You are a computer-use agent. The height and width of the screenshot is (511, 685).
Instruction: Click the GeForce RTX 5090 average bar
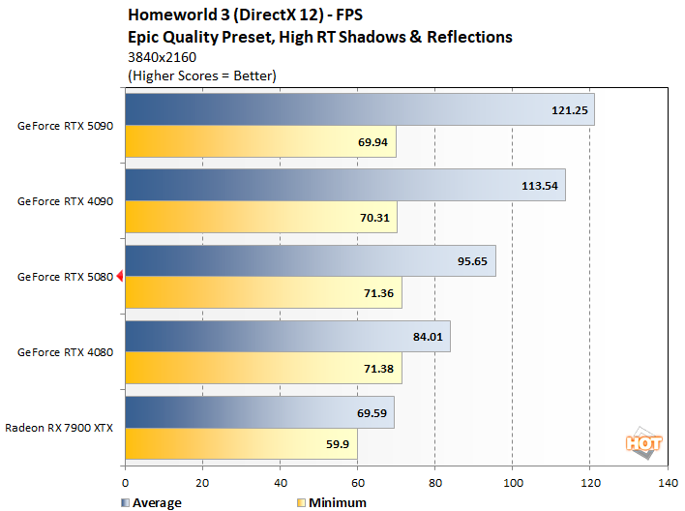click(358, 109)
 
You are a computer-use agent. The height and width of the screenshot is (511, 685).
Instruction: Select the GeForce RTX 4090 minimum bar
click(260, 217)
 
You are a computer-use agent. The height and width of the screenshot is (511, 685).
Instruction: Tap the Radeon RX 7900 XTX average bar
click(259, 412)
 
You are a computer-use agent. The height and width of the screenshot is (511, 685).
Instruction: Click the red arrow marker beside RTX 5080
click(120, 277)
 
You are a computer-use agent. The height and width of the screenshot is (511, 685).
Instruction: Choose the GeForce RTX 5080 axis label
click(66, 277)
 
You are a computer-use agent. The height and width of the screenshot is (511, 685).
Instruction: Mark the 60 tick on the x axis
click(357, 481)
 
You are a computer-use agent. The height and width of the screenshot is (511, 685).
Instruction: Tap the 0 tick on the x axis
click(125, 481)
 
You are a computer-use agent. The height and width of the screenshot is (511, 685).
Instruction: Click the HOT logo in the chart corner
click(643, 443)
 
